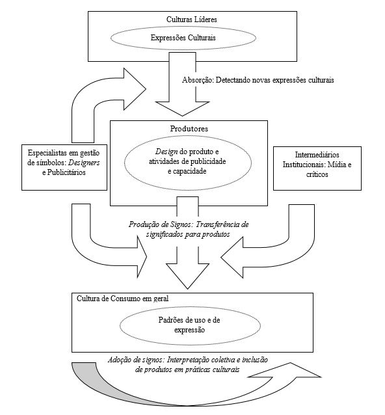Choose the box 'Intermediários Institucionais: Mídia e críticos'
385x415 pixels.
coord(315,165)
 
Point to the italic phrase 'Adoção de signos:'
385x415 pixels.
coord(137,360)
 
